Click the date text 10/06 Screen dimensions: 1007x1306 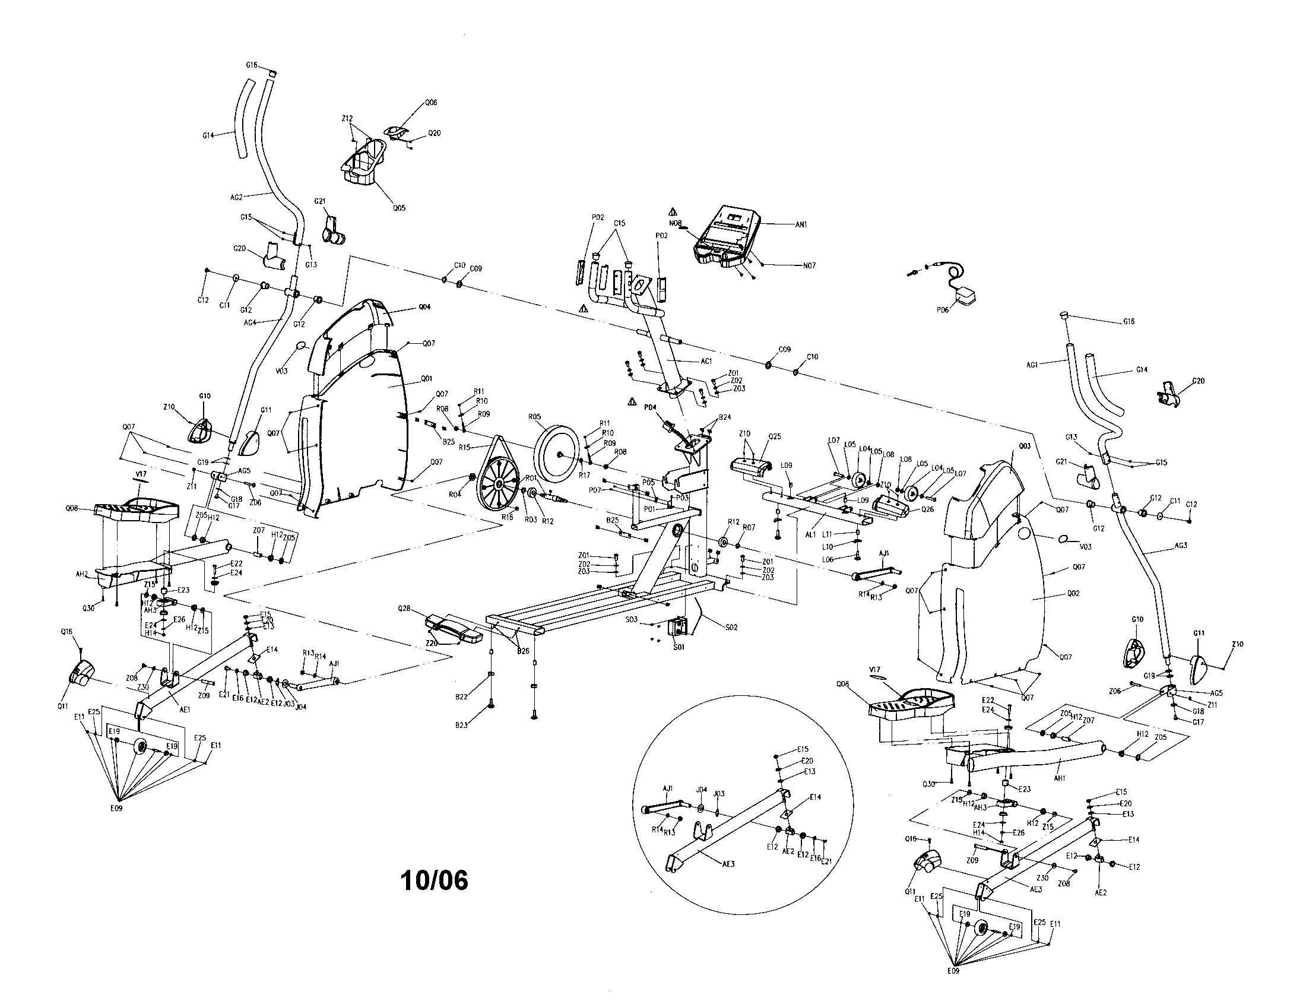[x=434, y=880]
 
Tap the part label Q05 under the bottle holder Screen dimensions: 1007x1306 [x=399, y=208]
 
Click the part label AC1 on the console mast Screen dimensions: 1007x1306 [x=706, y=361]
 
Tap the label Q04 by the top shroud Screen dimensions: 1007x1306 [x=424, y=307]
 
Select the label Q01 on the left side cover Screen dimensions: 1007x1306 [x=426, y=379]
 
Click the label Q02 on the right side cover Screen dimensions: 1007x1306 [x=1073, y=594]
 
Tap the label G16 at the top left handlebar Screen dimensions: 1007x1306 [x=252, y=65]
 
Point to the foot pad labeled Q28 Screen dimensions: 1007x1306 [x=454, y=628]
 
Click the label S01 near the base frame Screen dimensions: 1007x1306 [x=677, y=647]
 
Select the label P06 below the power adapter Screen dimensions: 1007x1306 [x=943, y=310]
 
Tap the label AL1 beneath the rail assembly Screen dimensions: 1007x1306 [x=810, y=534]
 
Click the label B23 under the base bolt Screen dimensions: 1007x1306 [x=461, y=725]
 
